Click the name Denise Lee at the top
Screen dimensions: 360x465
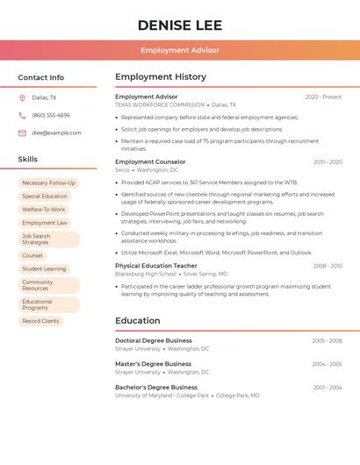[x=180, y=25]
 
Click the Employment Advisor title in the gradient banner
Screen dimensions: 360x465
[x=180, y=51]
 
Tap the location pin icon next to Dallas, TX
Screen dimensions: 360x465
[x=22, y=97]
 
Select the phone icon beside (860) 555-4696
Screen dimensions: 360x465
[x=22, y=115]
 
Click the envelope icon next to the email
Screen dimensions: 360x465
[x=22, y=133]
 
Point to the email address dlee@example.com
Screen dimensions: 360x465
[x=57, y=133]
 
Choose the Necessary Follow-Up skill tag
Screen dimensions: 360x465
[x=48, y=183]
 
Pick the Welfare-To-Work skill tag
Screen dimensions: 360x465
[x=44, y=210]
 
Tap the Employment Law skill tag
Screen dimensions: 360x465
[x=45, y=223]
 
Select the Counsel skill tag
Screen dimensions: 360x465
[x=32, y=255]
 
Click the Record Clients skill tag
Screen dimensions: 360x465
[x=40, y=321]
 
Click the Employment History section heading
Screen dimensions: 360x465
[x=161, y=77]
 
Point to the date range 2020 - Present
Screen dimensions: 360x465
[x=323, y=97]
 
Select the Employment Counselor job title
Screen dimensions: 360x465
[x=150, y=161]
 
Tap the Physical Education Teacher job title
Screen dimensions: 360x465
[x=156, y=265]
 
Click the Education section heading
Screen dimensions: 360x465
[x=137, y=321]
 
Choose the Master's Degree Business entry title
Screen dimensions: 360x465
[x=153, y=363]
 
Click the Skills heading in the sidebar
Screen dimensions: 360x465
[x=28, y=160]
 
